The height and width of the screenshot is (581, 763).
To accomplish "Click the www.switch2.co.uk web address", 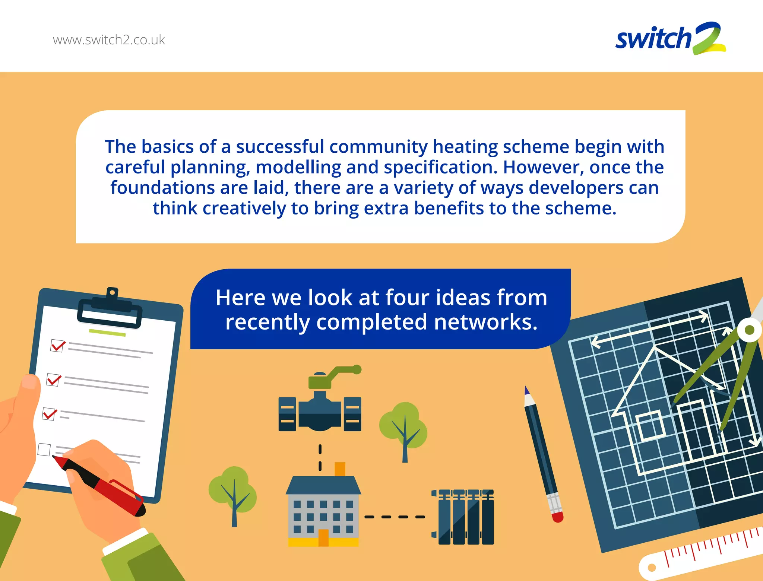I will [109, 40].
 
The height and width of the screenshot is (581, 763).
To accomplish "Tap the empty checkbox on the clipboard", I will [44, 449].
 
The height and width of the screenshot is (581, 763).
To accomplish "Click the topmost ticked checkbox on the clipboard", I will [57, 346].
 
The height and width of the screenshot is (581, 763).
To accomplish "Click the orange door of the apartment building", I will [323, 537].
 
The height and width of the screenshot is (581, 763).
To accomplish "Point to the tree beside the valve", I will [403, 428].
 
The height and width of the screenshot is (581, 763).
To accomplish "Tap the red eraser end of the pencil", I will [557, 517].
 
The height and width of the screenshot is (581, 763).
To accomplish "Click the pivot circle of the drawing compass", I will [749, 330].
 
